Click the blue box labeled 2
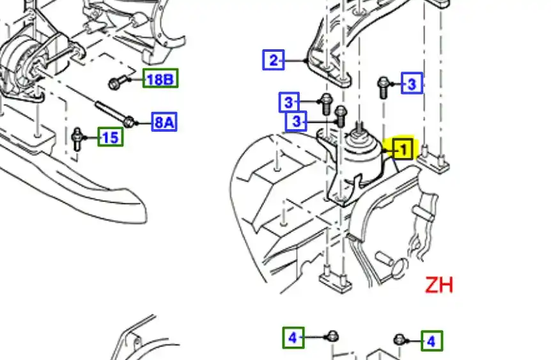274,59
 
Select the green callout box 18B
160,79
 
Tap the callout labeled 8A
164,122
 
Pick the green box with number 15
111,137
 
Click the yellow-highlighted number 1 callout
403,150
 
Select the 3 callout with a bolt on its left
412,83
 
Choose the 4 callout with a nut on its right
293,338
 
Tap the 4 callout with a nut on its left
432,341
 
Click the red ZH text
439,285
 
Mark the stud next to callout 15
77,139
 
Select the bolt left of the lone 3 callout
383,88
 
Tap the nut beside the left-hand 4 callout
332,336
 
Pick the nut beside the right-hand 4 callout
400,340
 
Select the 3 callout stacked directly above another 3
289,102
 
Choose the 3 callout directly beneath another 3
296,121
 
